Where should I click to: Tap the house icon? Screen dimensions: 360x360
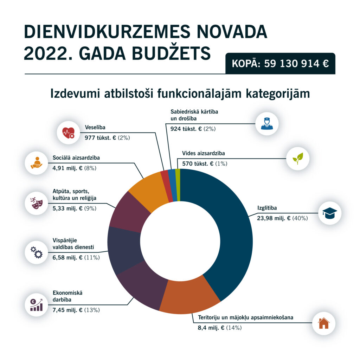tap(323, 323)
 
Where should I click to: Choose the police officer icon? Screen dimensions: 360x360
tap(267, 124)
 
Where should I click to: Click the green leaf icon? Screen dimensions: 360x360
tap(298, 159)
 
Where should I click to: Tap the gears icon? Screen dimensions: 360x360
tap(37, 252)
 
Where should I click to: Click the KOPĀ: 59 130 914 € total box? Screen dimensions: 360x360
tap(280, 64)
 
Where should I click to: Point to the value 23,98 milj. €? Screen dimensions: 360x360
tap(269, 218)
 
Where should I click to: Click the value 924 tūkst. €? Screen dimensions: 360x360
tap(186, 129)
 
